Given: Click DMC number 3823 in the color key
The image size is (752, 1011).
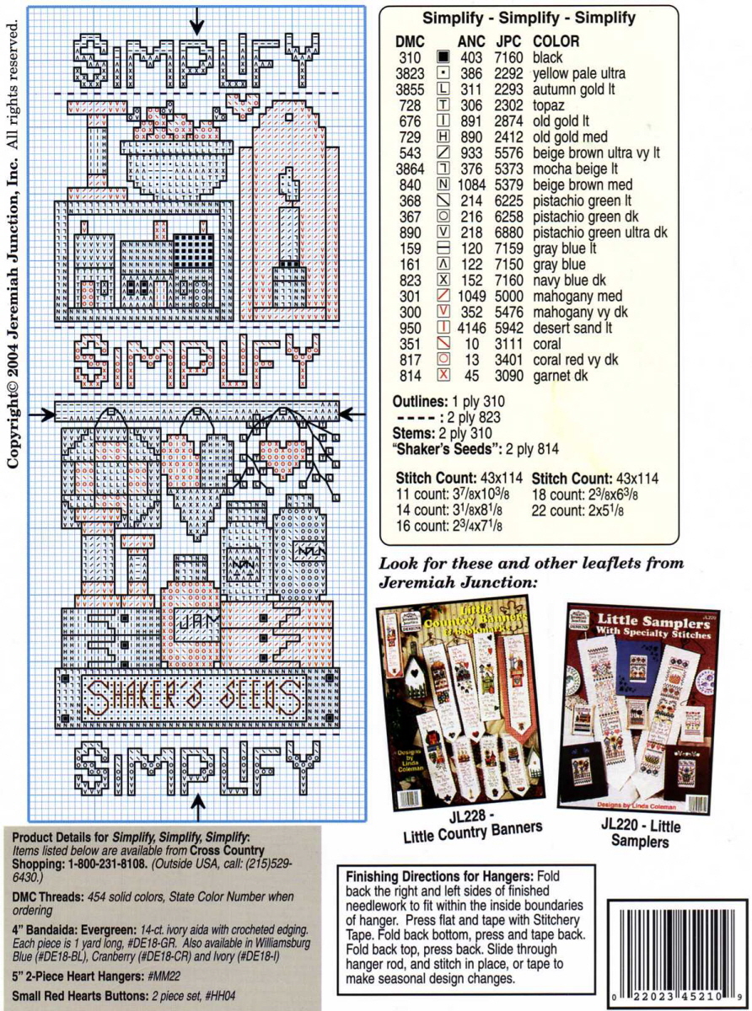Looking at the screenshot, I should pyautogui.click(x=408, y=73).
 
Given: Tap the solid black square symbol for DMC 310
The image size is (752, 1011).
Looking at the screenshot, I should pyautogui.click(x=443, y=58).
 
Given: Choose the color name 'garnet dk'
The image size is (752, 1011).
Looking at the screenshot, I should pyautogui.click(x=562, y=375).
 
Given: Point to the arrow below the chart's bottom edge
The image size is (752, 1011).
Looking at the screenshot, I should pyautogui.click(x=199, y=810).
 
